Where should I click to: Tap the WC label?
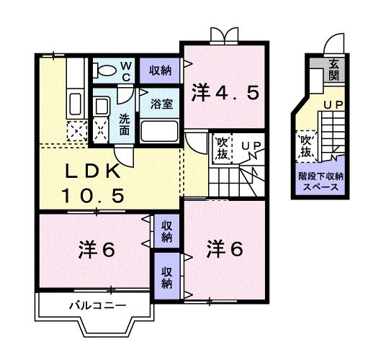125,71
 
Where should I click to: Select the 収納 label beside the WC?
160,70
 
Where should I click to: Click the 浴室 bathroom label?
161,104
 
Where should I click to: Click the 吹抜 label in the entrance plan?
306,146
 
